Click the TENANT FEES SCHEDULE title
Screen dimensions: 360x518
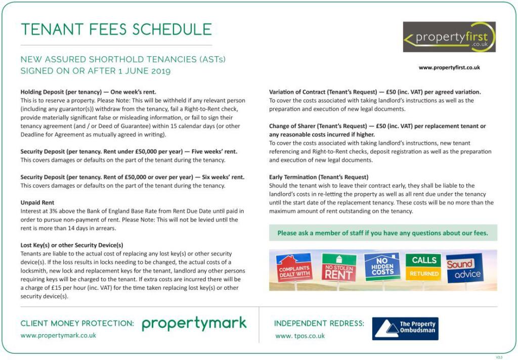(x=116, y=29)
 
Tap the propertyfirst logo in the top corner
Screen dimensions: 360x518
(x=449, y=37)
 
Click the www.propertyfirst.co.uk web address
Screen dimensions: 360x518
(x=449, y=67)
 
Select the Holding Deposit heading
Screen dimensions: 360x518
(x=88, y=92)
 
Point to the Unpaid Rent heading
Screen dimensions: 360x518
(x=37, y=202)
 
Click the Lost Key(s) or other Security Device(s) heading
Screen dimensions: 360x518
(x=72, y=245)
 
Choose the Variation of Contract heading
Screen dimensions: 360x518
(x=374, y=92)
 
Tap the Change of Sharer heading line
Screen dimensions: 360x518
(x=377, y=126)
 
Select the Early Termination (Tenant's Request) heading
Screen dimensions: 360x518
(x=319, y=177)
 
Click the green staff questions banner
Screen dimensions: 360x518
(x=382, y=233)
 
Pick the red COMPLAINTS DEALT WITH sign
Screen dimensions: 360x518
(x=294, y=268)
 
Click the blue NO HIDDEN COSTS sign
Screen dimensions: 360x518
(x=382, y=266)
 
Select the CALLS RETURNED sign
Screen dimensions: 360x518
(x=423, y=266)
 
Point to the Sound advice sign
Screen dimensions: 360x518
(x=464, y=268)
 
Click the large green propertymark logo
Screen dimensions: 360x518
(x=194, y=324)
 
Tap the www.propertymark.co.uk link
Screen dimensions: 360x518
(x=58, y=335)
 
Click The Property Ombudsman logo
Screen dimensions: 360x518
(x=405, y=328)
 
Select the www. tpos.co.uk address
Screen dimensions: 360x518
(x=300, y=336)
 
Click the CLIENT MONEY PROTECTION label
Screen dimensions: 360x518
(x=77, y=324)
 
